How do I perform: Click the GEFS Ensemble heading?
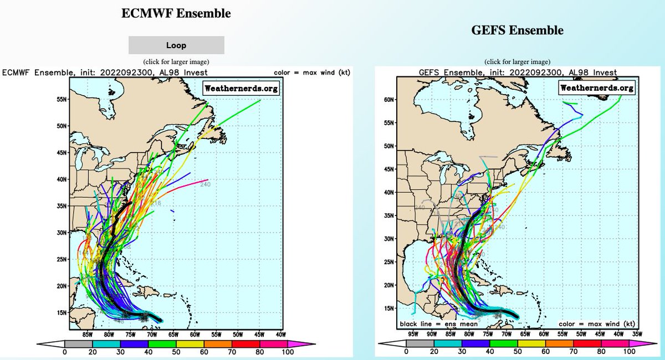point(517,30)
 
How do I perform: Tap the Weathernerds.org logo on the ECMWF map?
point(241,88)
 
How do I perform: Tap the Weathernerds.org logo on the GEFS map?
point(596,88)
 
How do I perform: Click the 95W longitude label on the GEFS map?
point(412,334)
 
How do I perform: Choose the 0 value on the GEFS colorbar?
point(406,351)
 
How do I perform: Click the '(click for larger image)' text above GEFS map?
point(517,61)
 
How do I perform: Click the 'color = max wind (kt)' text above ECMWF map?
point(313,73)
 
